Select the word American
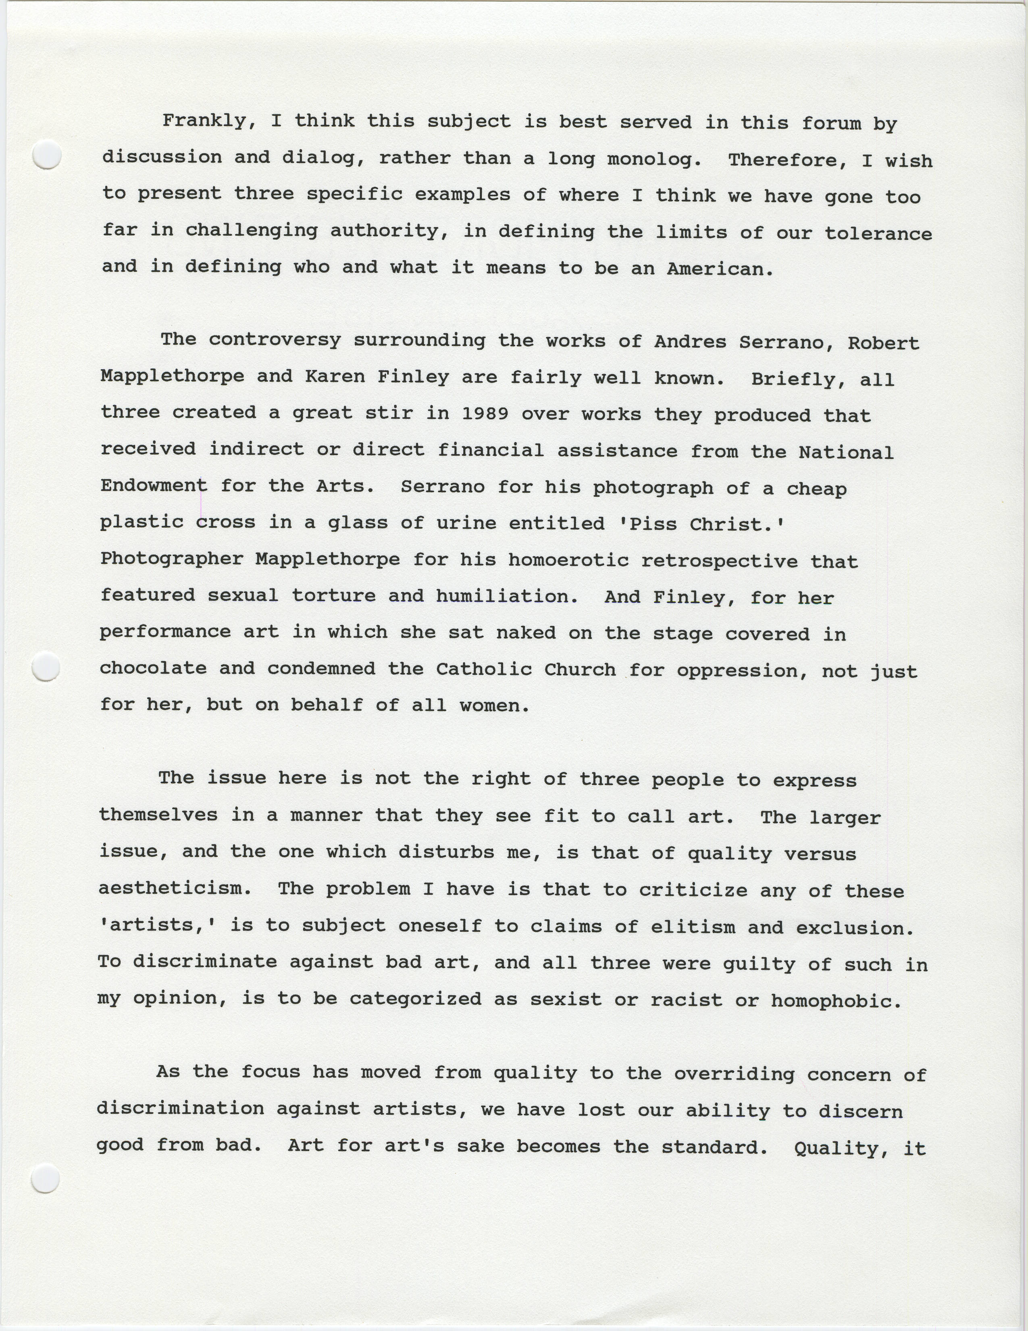coord(720,269)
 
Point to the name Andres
coord(690,341)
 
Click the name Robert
coord(883,343)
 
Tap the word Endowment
coord(154,486)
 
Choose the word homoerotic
coord(568,560)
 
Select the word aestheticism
coord(175,888)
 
